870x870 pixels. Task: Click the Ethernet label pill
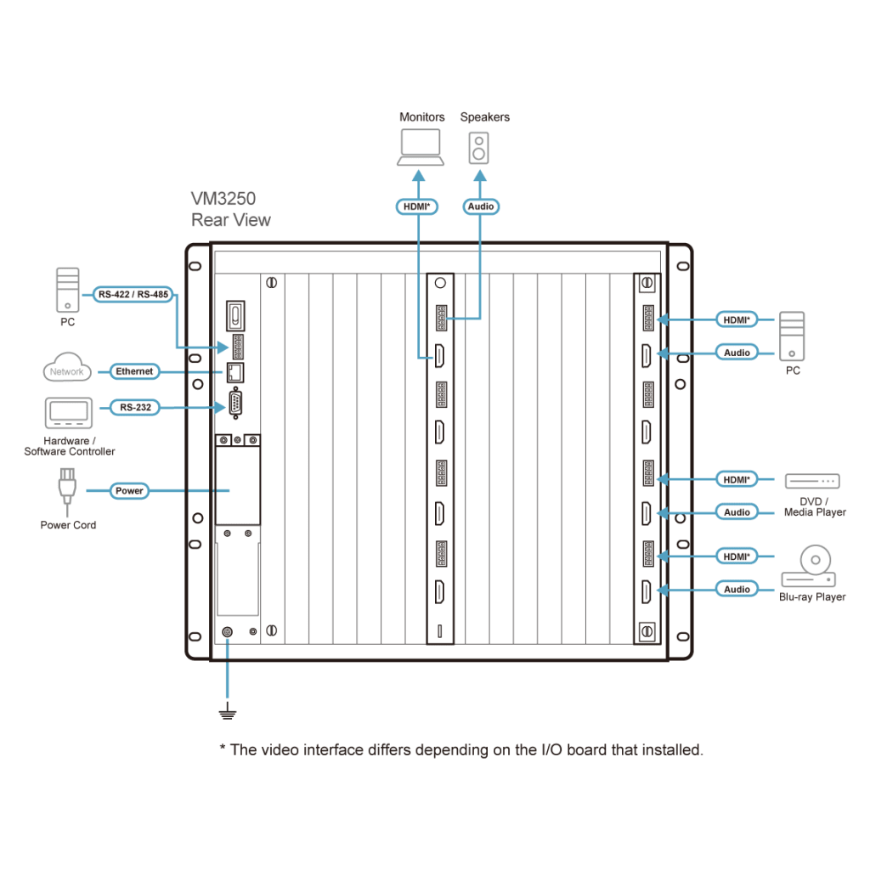pos(134,371)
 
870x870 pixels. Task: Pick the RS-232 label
pos(135,407)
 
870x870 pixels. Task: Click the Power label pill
pos(129,490)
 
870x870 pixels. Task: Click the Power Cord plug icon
pos(65,488)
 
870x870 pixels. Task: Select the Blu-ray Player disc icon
pos(809,568)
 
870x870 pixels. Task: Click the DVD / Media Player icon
pos(811,481)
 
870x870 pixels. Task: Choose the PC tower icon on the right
pos(791,335)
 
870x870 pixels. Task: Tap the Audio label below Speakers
pos(480,206)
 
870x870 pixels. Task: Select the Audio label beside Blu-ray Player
pos(737,589)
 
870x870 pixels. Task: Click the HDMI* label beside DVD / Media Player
pos(737,479)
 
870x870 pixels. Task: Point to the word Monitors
pos(421,117)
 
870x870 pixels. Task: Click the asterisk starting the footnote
pos(222,748)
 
